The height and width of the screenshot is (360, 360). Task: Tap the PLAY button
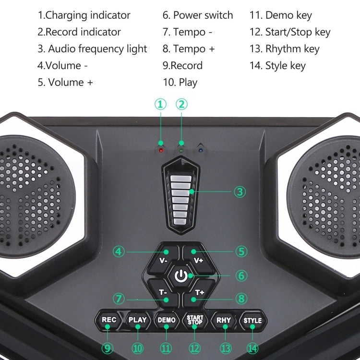tap(137, 320)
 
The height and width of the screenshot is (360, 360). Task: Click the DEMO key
tap(166, 320)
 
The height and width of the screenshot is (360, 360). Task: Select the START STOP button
tap(195, 320)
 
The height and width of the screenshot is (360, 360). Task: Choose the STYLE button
tap(252, 320)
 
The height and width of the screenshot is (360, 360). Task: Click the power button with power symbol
tap(180, 276)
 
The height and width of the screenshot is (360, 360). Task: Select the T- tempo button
tap(163, 292)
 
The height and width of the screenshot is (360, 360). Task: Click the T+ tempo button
tap(198, 292)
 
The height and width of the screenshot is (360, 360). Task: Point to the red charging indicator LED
tap(161, 150)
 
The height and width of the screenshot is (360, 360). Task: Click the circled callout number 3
tap(240, 192)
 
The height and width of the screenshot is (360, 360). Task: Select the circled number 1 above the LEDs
tap(160, 104)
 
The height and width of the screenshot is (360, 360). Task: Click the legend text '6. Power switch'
tap(197, 15)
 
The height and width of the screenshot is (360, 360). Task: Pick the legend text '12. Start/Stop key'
tap(290, 32)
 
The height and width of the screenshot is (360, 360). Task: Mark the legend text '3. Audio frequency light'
tap(93, 49)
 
